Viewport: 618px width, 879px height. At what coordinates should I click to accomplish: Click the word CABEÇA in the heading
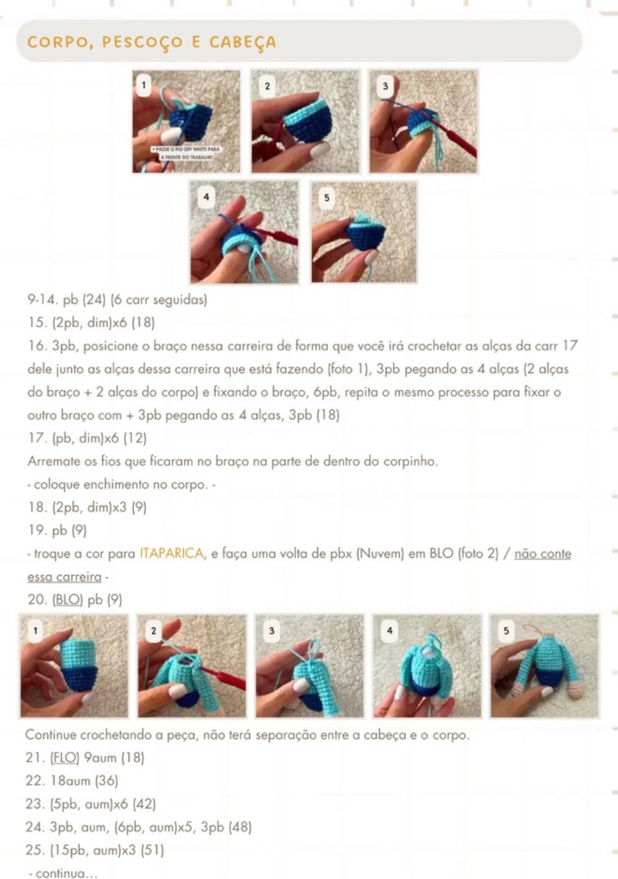coord(242,42)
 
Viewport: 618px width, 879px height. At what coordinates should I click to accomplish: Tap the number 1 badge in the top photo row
coord(144,85)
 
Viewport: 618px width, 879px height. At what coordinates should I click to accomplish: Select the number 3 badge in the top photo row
coord(385,86)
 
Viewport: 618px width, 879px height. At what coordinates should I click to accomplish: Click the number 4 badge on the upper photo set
coord(206,197)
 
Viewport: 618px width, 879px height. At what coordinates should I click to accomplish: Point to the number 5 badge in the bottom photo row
coord(506,631)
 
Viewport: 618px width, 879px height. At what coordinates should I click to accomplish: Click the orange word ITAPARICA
coord(172,554)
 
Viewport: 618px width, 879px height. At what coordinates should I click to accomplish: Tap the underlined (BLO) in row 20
coord(67,599)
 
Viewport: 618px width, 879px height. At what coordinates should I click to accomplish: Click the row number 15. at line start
coord(37,322)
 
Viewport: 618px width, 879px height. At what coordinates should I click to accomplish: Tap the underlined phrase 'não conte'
coord(542,554)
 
